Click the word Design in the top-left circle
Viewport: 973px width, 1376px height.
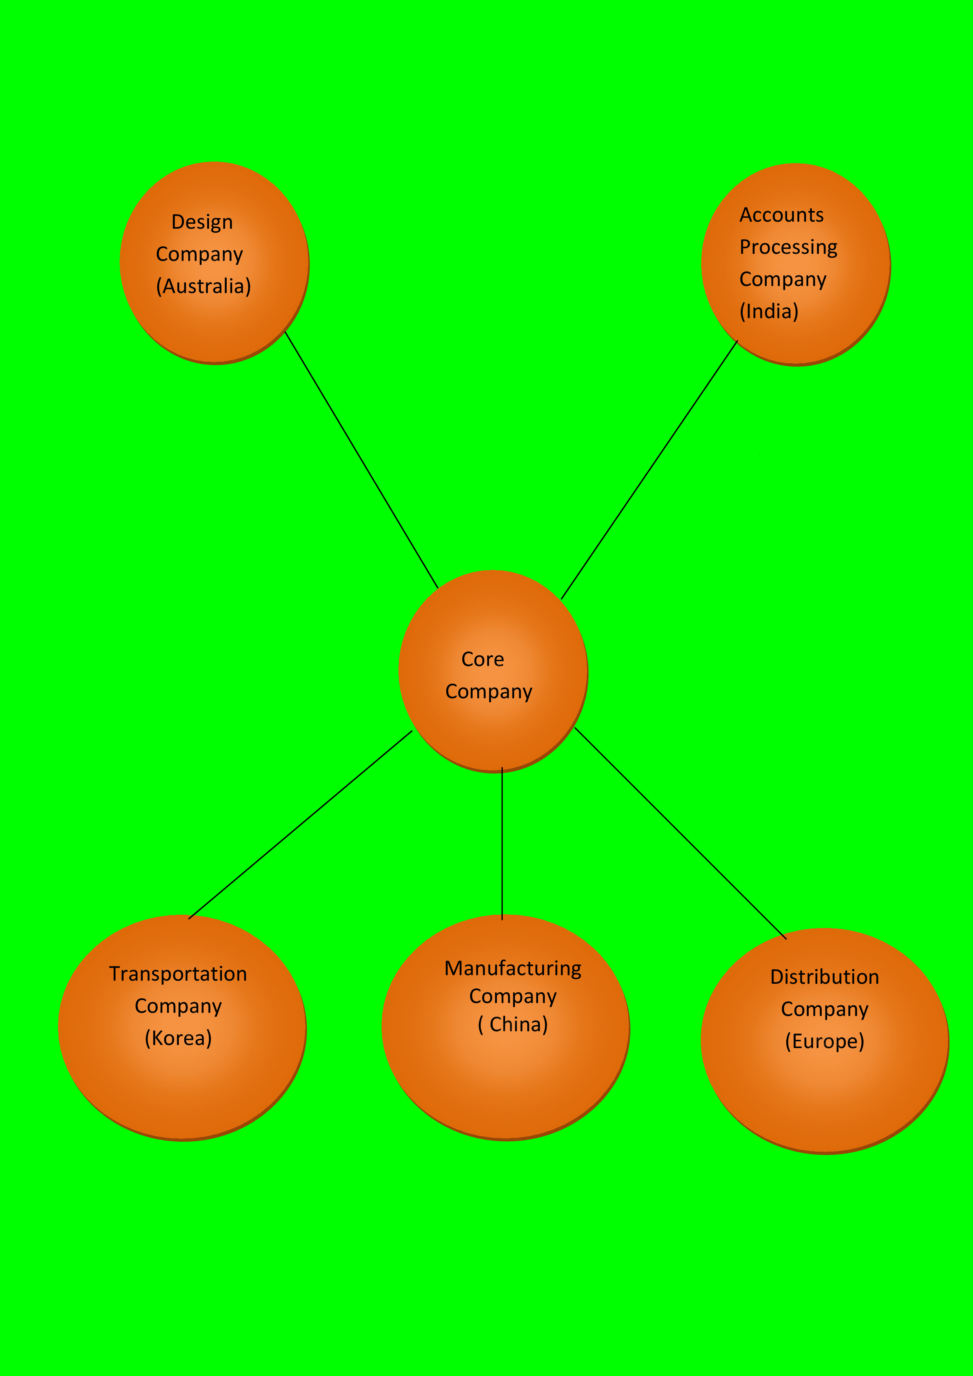click(202, 222)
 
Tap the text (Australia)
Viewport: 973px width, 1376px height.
click(203, 286)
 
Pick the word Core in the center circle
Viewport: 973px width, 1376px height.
click(482, 659)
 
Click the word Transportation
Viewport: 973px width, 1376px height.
click(178, 974)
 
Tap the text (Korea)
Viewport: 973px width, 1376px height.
click(178, 1038)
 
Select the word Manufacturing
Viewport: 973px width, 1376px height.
click(513, 968)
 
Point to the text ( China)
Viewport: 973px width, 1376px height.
click(513, 1025)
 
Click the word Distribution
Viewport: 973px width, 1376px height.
click(824, 977)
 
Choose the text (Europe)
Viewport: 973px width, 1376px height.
click(824, 1041)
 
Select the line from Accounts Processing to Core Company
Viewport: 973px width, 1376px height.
click(649, 470)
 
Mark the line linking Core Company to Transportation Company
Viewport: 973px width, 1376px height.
click(300, 825)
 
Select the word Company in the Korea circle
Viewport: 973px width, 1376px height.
click(178, 1006)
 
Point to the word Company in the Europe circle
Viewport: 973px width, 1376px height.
click(824, 1009)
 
